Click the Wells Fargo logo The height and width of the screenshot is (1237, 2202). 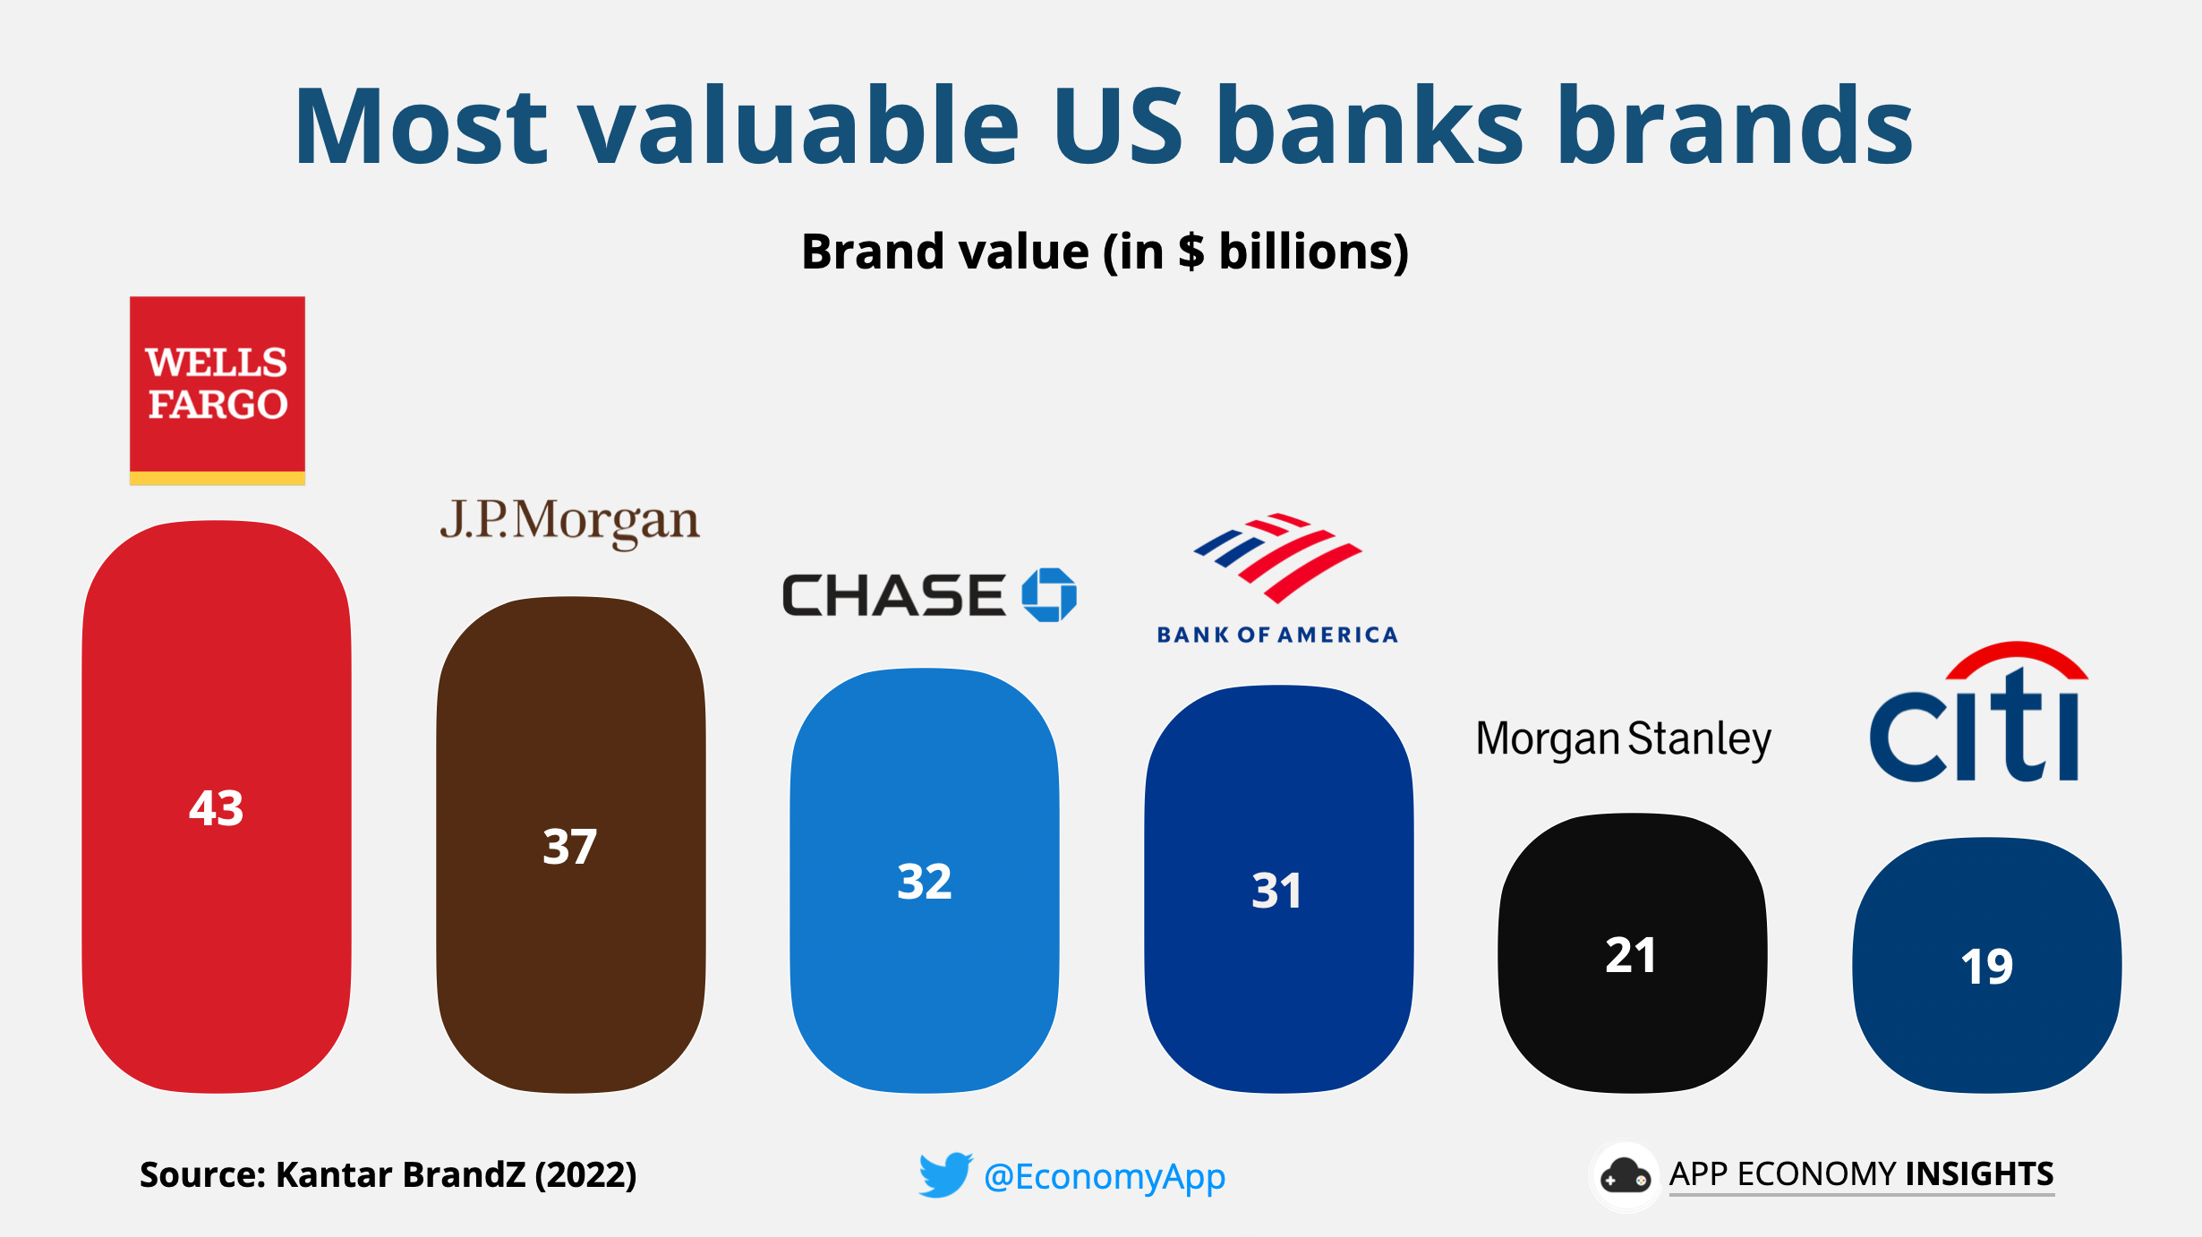click(218, 390)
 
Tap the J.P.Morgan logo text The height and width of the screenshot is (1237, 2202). click(569, 521)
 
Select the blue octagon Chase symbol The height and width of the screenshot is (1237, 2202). click(1049, 594)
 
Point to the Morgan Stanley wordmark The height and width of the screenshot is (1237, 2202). click(1623, 739)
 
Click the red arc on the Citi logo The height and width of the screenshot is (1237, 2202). click(2017, 659)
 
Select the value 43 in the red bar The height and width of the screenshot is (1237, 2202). click(216, 808)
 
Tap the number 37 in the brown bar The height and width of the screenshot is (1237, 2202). click(569, 847)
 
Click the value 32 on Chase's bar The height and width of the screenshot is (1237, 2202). click(924, 882)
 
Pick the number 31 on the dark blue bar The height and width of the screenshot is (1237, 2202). click(1276, 891)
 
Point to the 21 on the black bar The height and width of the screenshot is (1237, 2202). click(1630, 955)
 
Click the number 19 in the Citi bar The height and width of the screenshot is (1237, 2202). click(1986, 967)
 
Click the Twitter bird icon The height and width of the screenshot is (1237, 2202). click(944, 1174)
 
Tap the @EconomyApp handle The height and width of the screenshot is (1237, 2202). click(1104, 1176)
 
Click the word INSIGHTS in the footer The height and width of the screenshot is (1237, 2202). click(1979, 1173)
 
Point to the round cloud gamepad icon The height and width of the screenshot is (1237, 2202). click(1625, 1176)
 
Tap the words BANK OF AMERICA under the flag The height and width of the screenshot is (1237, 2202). click(1276, 635)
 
